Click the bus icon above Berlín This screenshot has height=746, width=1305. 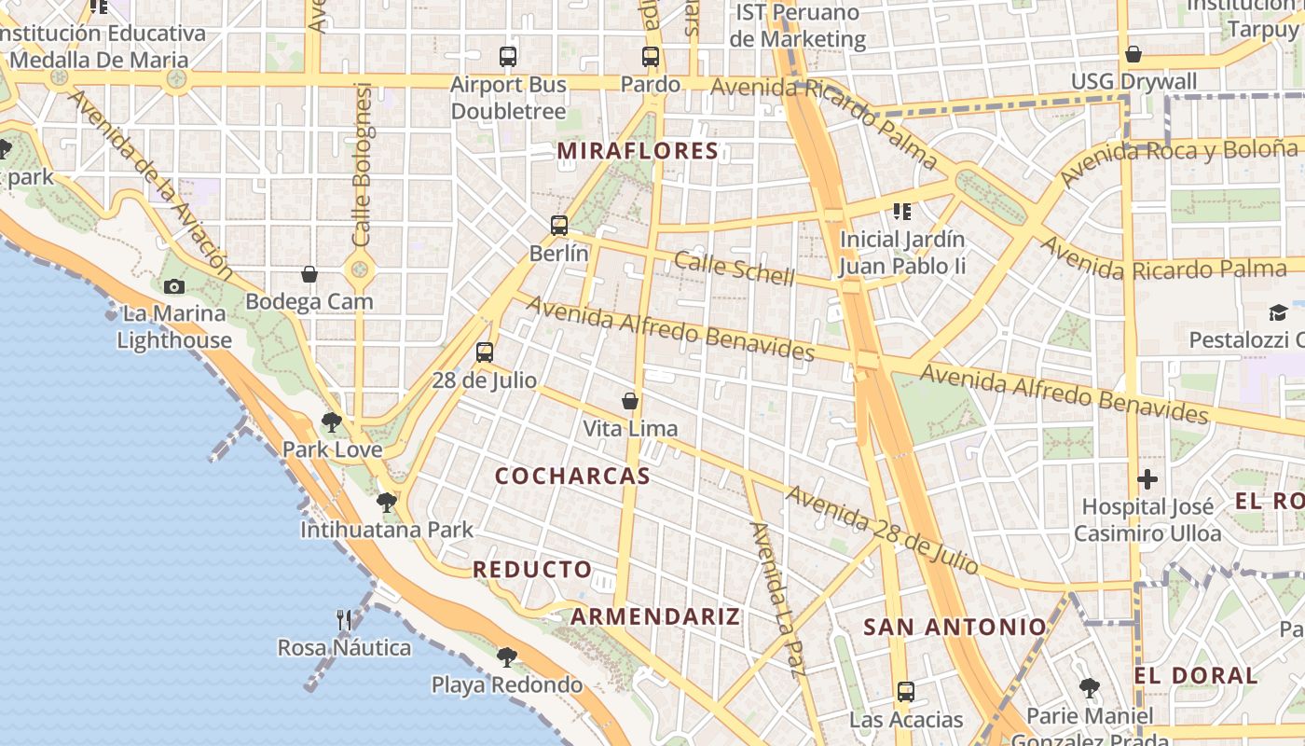(x=559, y=225)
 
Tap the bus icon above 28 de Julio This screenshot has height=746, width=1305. (x=484, y=352)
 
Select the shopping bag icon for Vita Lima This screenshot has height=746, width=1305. (x=630, y=401)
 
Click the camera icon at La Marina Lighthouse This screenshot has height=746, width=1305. (x=174, y=286)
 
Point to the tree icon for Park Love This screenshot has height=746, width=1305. (x=331, y=421)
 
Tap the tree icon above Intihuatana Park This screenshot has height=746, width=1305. (x=387, y=503)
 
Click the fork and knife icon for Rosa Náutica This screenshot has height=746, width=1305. (x=344, y=619)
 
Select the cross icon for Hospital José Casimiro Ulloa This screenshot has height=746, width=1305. (x=1147, y=479)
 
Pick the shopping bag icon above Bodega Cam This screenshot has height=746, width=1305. (x=309, y=274)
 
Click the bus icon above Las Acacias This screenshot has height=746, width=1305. (x=905, y=692)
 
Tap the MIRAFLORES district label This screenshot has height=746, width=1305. (x=639, y=151)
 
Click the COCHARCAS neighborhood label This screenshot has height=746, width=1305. (x=572, y=476)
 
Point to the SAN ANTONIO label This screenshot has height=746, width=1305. (x=955, y=627)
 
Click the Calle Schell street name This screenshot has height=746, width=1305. (x=735, y=269)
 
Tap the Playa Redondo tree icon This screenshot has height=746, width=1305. (x=507, y=657)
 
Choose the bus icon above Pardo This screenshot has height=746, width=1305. (x=651, y=57)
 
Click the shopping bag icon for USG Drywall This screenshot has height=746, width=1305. (x=1133, y=54)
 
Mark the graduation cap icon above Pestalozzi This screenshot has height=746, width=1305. (x=1278, y=312)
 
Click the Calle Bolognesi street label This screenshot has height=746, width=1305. (x=362, y=164)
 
